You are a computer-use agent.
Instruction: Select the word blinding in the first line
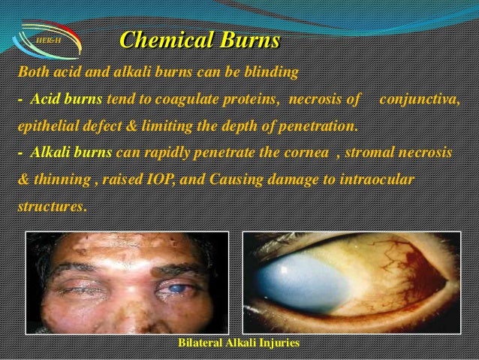pyautogui.click(x=273, y=73)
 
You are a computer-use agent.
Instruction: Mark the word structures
pyautogui.click(x=50, y=204)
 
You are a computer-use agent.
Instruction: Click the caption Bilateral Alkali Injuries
pyautogui.click(x=239, y=343)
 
